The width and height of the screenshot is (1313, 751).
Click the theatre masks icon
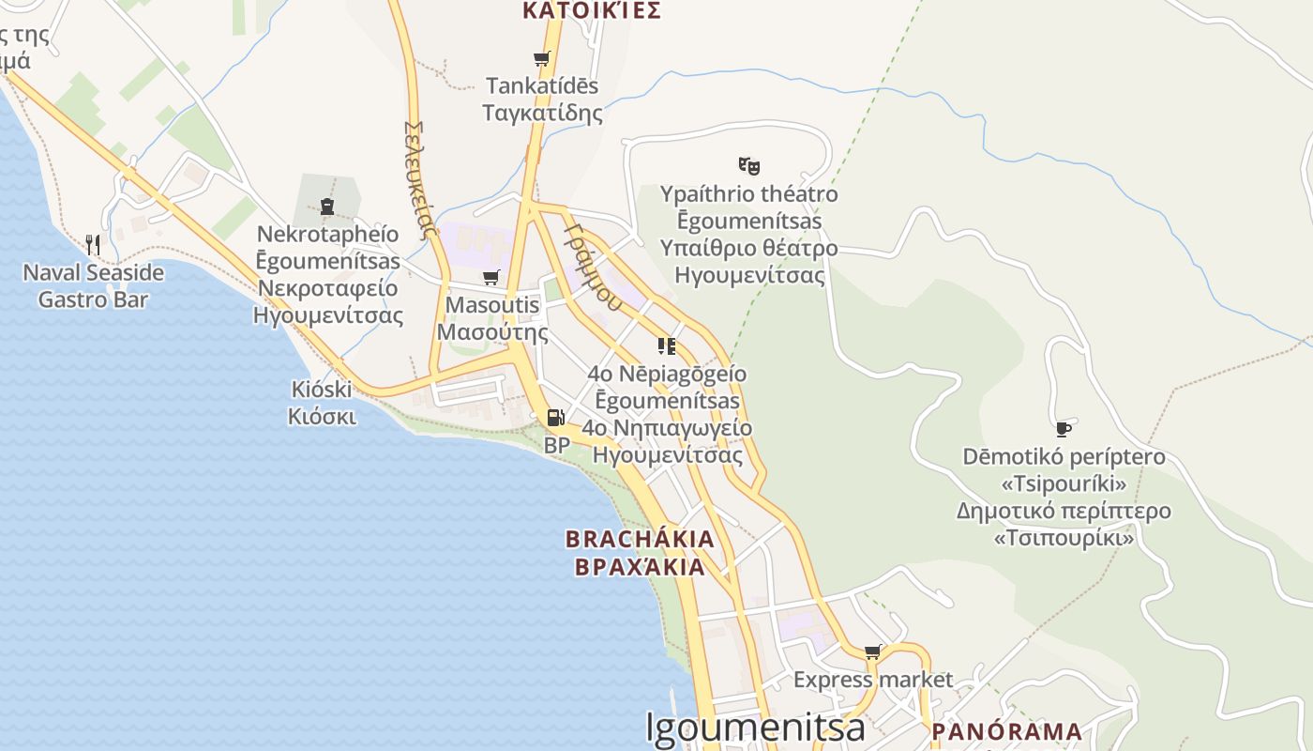tap(748, 166)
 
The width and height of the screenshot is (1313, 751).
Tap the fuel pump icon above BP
tap(556, 418)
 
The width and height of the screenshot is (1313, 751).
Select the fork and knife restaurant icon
tap(93, 245)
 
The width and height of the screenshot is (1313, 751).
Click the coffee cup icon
tap(1063, 429)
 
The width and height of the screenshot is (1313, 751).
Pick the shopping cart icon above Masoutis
tap(490, 277)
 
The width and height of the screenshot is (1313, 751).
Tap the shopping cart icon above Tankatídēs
tap(541, 58)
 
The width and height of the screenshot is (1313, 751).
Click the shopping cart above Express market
tap(872, 651)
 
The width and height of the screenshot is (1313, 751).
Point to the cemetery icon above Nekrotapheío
tap(327, 206)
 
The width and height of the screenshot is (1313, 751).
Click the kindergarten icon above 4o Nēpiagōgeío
tap(667, 345)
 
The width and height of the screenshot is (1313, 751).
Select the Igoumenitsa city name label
tap(755, 729)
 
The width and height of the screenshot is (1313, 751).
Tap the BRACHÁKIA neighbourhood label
tap(640, 539)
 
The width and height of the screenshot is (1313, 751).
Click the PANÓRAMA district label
tap(1006, 731)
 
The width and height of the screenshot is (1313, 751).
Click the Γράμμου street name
tap(593, 266)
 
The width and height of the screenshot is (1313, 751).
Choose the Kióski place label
tap(322, 389)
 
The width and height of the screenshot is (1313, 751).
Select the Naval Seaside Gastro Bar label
tap(93, 286)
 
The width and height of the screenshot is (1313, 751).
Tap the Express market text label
tap(872, 680)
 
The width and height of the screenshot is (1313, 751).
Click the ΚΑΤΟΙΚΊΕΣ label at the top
tap(592, 10)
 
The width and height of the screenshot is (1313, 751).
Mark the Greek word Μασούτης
tap(492, 331)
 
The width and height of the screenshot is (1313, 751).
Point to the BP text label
tap(557, 445)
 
